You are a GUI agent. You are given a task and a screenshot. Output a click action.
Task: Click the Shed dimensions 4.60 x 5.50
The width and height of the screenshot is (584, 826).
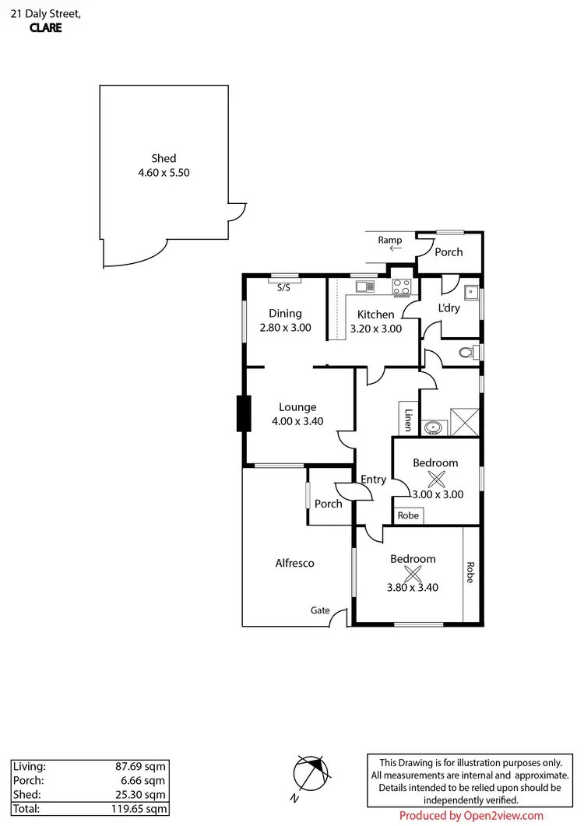coord(164,173)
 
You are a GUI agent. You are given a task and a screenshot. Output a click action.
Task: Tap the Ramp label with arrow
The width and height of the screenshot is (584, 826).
coord(390,244)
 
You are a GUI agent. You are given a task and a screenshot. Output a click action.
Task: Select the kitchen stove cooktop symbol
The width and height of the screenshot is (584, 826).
coord(401,287)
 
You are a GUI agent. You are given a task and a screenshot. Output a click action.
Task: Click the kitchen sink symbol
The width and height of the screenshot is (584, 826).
coord(365,286)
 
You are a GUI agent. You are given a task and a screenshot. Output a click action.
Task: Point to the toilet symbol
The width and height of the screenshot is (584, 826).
coord(466,353)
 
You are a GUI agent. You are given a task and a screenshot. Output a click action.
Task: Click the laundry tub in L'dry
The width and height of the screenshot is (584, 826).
coord(470,293)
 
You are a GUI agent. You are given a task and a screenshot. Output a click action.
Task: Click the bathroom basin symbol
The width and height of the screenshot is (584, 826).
coord(433,427)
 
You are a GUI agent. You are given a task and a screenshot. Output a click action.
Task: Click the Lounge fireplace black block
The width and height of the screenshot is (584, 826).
coord(245,413)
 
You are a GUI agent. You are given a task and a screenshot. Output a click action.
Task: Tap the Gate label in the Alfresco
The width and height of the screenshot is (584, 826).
coord(320,611)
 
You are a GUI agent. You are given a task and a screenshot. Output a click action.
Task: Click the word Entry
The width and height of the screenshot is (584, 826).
coord(374,480)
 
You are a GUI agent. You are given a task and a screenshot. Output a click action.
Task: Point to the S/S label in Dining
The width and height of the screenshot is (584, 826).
coord(284,288)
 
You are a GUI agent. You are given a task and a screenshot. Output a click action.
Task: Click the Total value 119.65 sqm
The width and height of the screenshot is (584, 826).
coord(138,808)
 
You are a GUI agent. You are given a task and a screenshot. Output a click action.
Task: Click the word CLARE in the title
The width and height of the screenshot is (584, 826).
coord(45,27)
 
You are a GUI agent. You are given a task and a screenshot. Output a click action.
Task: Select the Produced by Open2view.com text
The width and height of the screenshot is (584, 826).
coord(471,816)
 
